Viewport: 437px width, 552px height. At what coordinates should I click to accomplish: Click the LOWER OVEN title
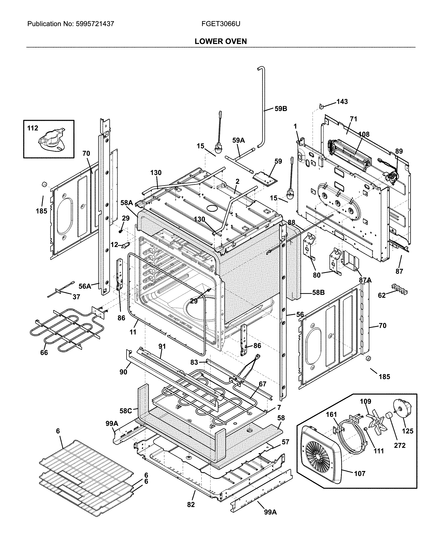(x=221, y=41)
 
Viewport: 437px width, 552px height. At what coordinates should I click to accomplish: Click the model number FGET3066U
(x=221, y=24)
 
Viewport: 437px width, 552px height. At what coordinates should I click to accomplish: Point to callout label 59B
(x=281, y=109)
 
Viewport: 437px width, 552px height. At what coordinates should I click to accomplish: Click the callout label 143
(x=342, y=102)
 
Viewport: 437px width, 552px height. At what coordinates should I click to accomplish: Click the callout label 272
(x=400, y=445)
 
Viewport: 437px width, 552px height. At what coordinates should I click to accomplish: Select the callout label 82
(x=191, y=505)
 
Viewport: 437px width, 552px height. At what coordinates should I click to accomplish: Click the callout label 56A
(x=85, y=286)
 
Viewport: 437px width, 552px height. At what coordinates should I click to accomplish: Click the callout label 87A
(x=365, y=280)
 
